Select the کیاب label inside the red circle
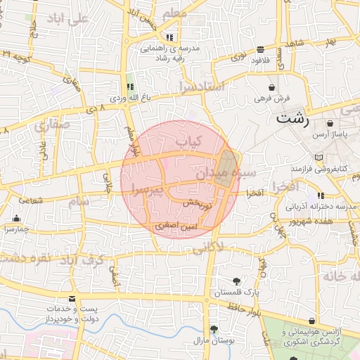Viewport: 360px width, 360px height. (x=188, y=142)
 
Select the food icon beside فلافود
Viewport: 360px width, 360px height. (x=261, y=49)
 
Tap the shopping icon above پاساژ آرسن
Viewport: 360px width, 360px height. (x=330, y=124)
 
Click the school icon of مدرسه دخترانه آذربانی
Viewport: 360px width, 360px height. (x=321, y=195)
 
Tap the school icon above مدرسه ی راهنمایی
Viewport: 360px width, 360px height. (x=169, y=37)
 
